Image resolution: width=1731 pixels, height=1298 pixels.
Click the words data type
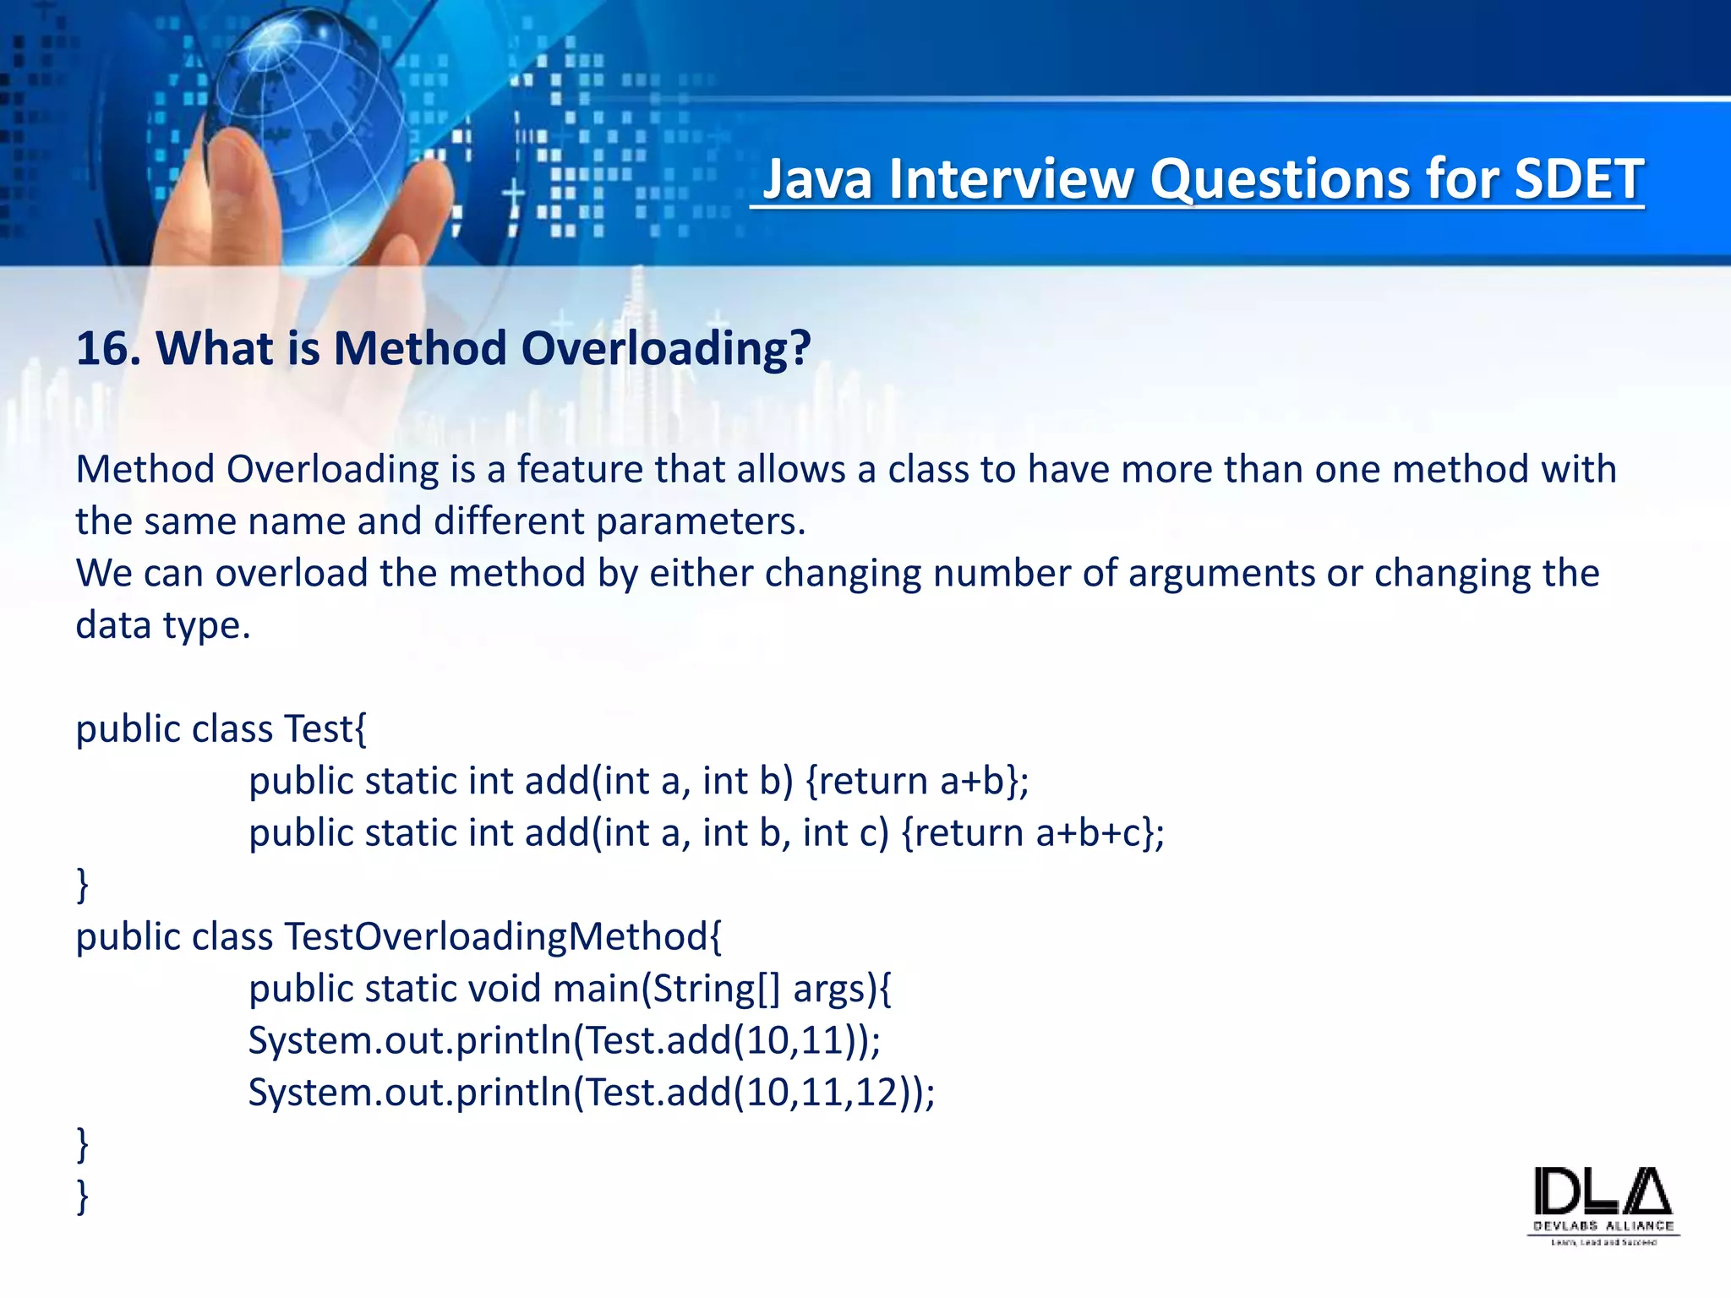162,625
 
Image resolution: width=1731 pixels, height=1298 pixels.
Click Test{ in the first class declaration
325,728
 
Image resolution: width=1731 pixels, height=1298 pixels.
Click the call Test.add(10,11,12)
752,1093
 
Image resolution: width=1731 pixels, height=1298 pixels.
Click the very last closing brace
82,1197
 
